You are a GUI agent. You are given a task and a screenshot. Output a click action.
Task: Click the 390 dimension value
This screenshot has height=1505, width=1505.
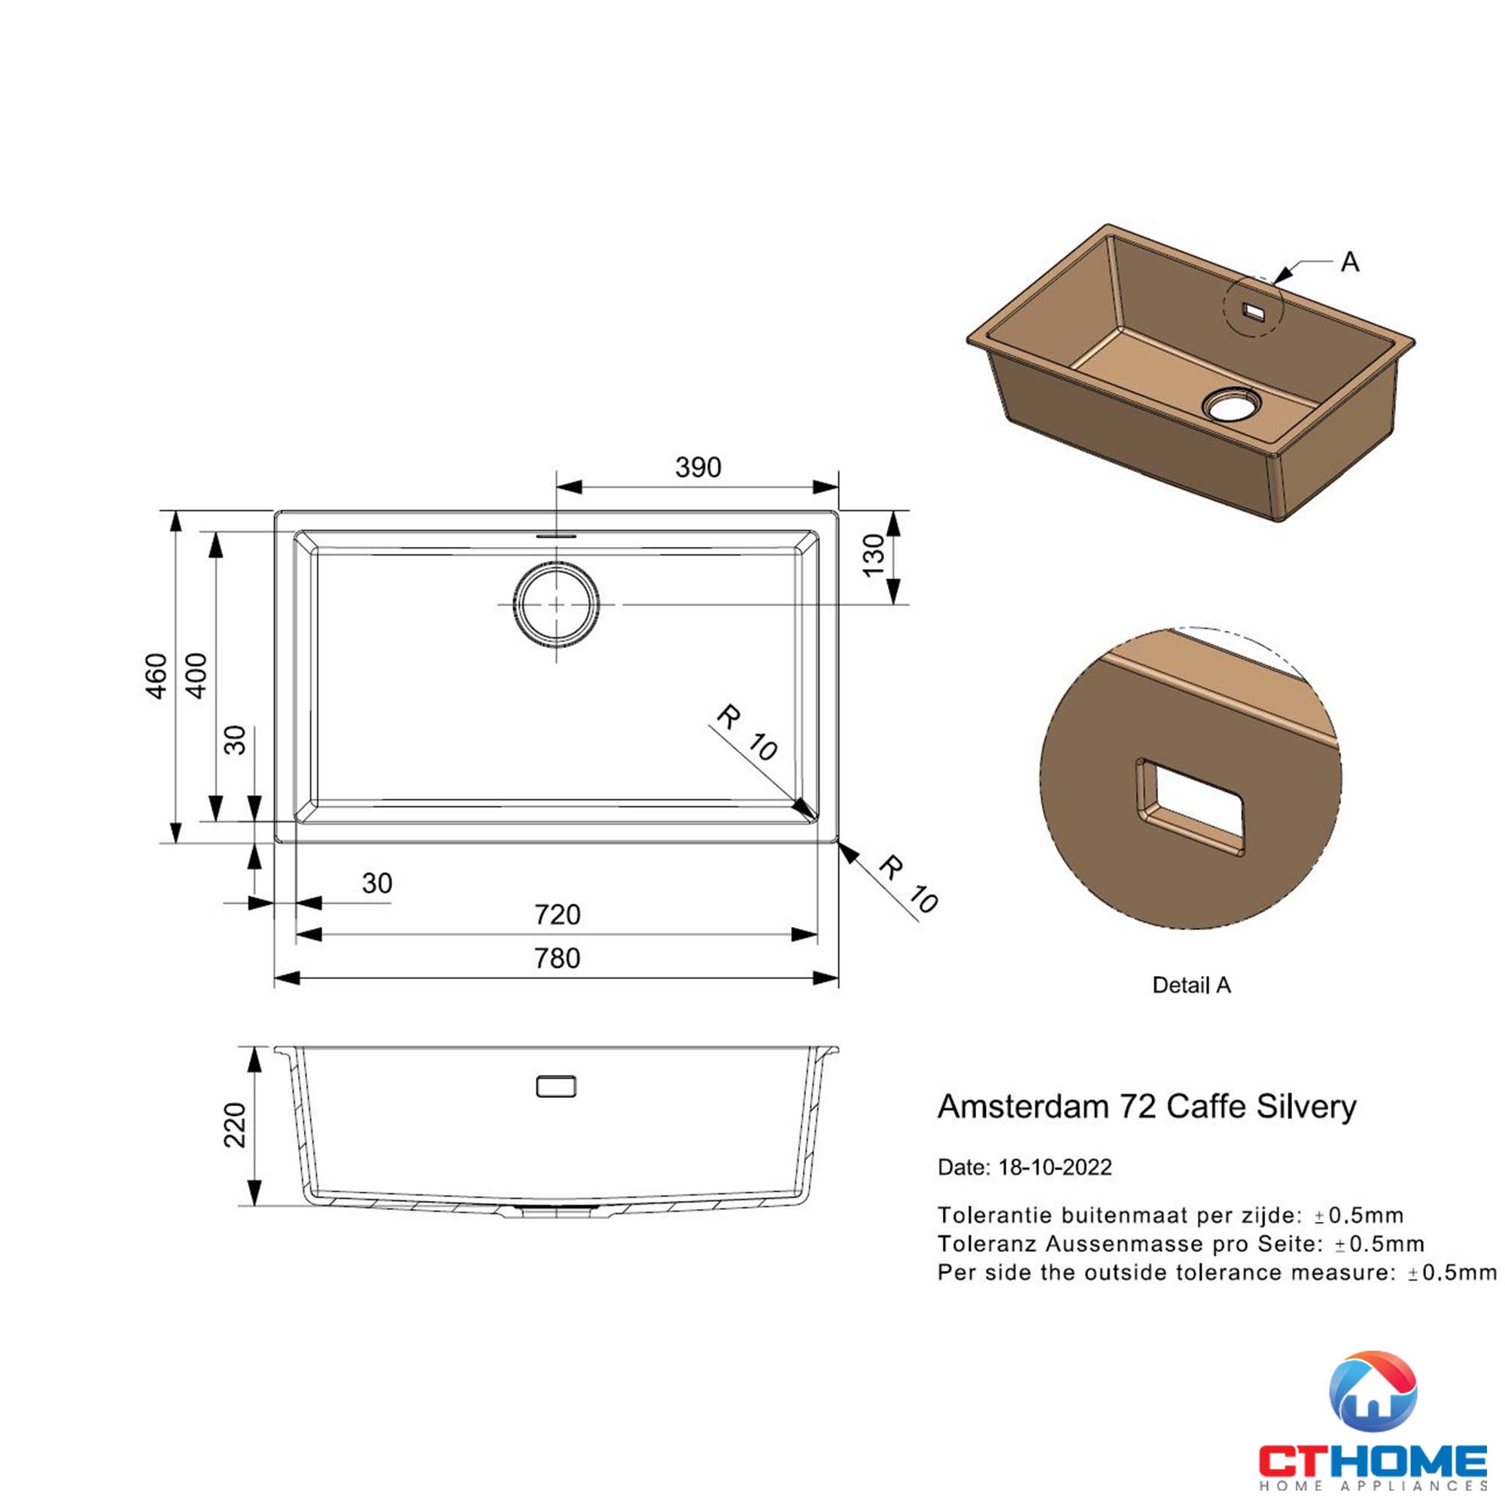coord(698,467)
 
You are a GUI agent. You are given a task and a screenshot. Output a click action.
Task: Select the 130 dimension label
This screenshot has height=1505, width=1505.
coord(874,555)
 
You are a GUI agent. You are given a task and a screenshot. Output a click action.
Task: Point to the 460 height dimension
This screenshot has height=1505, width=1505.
coord(157,676)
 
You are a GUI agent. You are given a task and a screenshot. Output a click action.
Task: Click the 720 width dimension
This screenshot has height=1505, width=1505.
coord(557,914)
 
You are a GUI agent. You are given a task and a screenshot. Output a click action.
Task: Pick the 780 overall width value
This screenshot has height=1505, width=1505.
coord(557,957)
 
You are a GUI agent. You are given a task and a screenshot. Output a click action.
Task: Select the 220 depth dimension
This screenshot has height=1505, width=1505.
coord(235,1124)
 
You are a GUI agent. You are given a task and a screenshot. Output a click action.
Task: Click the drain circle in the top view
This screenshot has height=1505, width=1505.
coord(556,604)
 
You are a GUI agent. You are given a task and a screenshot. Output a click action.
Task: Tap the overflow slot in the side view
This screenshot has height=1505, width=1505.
coord(556,1086)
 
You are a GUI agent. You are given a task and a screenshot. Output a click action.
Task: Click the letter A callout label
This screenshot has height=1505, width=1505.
coord(1350,263)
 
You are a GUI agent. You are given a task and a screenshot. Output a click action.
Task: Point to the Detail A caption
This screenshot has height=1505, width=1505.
coord(1191,986)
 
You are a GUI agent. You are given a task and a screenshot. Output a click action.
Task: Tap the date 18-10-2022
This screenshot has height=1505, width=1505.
coord(1055,1167)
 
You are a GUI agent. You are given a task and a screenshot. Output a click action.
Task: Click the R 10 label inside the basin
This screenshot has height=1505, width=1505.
coord(746,733)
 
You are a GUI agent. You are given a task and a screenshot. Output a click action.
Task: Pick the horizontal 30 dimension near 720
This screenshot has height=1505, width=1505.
coord(377,883)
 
